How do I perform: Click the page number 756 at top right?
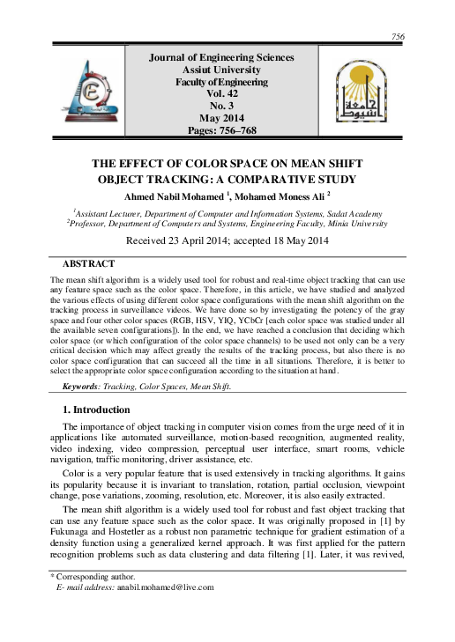click(x=398, y=36)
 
